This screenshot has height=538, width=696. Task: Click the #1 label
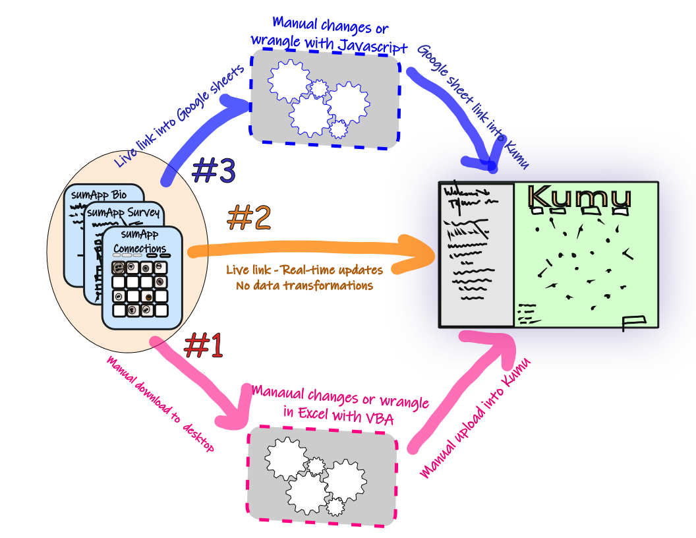click(204, 345)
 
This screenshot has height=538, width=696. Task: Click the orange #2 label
click(249, 218)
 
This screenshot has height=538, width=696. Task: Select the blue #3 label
click(214, 171)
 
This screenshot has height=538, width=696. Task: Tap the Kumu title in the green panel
click(579, 198)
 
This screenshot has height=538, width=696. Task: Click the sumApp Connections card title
click(140, 242)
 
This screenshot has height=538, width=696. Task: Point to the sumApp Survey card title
click(123, 212)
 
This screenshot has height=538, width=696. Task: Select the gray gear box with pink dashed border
click(322, 475)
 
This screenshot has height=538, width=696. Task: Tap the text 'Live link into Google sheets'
click(179, 116)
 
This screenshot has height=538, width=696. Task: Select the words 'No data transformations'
click(304, 286)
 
